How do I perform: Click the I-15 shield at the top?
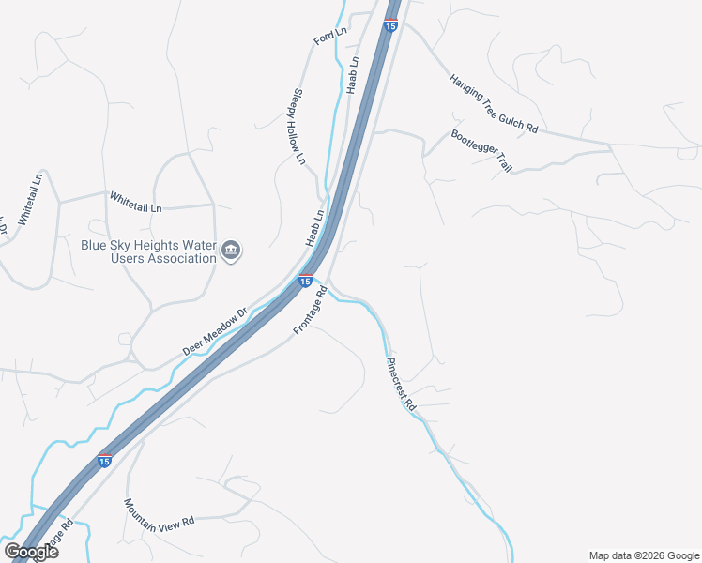389,26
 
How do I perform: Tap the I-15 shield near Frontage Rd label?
305,280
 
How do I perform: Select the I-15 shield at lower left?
104,461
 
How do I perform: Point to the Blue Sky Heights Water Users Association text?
148,251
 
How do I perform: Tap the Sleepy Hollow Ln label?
299,128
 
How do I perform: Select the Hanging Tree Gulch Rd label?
493,104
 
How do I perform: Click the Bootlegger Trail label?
481,150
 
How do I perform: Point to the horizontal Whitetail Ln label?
136,200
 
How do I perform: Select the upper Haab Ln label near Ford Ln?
353,74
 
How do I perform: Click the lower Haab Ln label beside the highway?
314,228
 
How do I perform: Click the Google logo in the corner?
32,551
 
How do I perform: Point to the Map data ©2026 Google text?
643,555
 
